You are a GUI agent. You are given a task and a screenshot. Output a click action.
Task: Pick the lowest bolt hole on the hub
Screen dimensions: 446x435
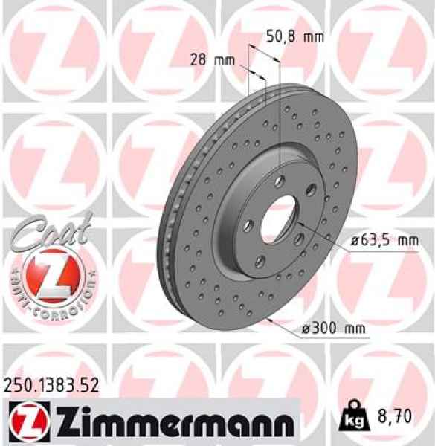(261, 259)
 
